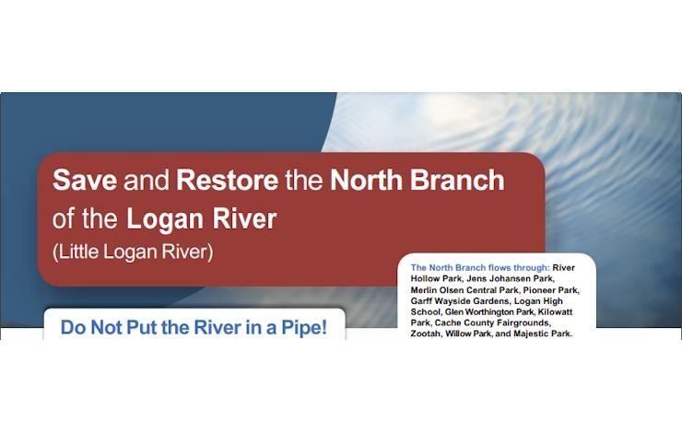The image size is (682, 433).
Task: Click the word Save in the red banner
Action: (85, 180)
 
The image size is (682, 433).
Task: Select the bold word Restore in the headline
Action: (227, 180)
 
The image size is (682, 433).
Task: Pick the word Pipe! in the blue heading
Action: (304, 327)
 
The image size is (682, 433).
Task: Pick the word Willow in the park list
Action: (457, 334)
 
